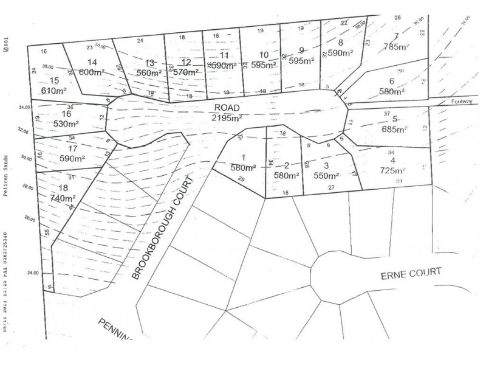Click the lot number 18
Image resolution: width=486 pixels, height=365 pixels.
(63, 188)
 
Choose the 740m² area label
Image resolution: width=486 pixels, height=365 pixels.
(63, 198)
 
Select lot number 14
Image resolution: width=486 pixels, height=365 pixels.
(92, 62)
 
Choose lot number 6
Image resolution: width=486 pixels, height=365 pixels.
(392, 82)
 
